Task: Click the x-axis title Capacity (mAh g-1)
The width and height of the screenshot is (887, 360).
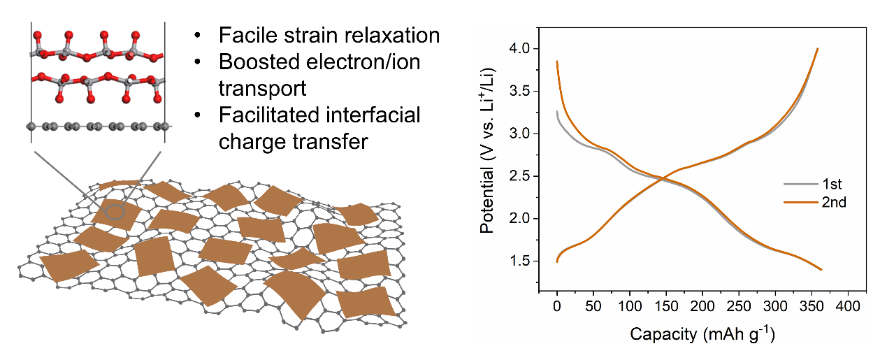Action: coord(702,333)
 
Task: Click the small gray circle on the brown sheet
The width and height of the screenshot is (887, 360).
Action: coord(116,210)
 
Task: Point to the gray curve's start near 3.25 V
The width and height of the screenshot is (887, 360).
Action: coord(557,112)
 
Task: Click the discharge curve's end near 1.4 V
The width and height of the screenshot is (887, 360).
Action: coord(821,270)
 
